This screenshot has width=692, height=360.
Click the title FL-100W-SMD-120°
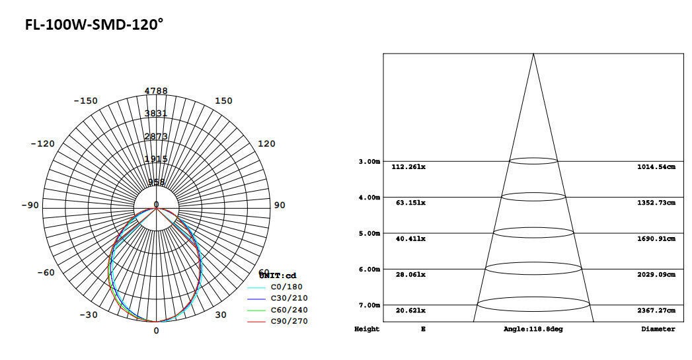click(x=94, y=25)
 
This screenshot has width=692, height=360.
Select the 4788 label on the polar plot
click(x=156, y=90)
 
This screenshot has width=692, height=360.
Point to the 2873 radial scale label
click(x=156, y=136)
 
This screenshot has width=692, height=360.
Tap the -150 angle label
click(x=85, y=101)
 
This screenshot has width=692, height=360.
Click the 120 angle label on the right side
click(x=266, y=143)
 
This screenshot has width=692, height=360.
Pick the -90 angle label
click(x=30, y=205)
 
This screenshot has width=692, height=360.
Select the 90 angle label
click(x=280, y=205)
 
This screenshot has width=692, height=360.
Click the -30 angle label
click(x=89, y=314)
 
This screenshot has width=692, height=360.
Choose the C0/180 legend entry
click(x=285, y=287)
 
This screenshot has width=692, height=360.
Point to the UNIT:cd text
click(x=279, y=275)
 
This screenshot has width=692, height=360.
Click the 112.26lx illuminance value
click(x=408, y=167)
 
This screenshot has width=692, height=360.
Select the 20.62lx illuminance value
click(x=408, y=310)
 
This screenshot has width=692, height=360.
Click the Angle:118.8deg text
click(x=533, y=329)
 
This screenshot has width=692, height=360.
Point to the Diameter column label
click(x=658, y=329)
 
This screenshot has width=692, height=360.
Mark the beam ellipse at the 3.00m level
click(x=533, y=161)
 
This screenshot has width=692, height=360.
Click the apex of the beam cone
click(x=533, y=54)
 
